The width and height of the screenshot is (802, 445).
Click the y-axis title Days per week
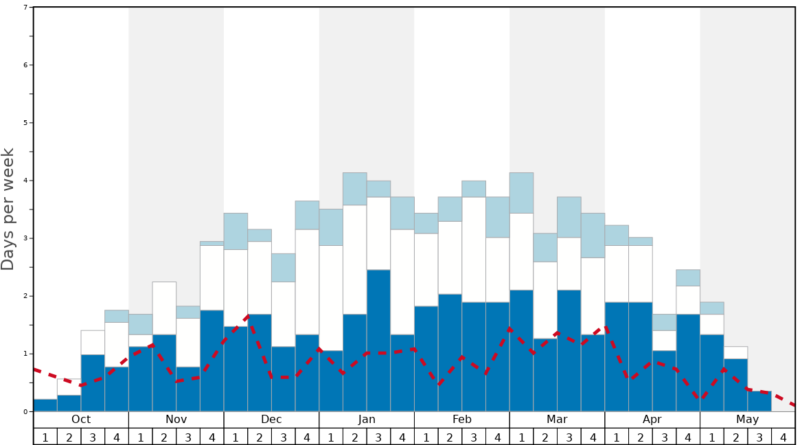pyautogui.click(x=8, y=209)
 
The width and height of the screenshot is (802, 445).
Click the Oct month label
pyautogui.click(x=81, y=420)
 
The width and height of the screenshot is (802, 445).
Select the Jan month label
pyautogui.click(x=367, y=420)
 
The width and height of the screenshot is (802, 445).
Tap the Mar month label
pyautogui.click(x=557, y=420)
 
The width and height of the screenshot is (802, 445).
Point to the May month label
pyautogui.click(x=747, y=420)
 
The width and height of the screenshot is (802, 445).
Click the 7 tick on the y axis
pyautogui.click(x=25, y=8)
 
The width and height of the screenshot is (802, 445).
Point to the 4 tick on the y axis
pyautogui.click(x=25, y=181)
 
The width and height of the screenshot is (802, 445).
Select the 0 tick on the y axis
pyautogui.click(x=25, y=411)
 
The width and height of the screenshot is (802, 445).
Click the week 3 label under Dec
pyautogui.click(x=283, y=437)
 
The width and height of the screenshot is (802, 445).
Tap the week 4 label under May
pyautogui.click(x=783, y=437)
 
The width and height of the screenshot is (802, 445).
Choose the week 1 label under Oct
pyautogui.click(x=45, y=437)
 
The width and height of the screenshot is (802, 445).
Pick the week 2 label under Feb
pyautogui.click(x=450, y=437)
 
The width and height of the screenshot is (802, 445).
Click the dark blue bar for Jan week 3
pyautogui.click(x=378, y=341)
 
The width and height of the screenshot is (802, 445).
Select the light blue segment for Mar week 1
pyautogui.click(x=521, y=193)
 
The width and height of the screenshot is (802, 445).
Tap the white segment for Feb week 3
pyautogui.click(x=474, y=249)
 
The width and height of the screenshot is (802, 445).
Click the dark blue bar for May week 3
pyautogui.click(x=759, y=402)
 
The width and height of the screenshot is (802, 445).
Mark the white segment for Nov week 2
pyautogui.click(x=164, y=308)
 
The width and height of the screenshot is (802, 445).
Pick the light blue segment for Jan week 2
pyautogui.click(x=354, y=189)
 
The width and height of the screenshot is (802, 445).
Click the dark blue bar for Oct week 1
pyautogui.click(x=45, y=405)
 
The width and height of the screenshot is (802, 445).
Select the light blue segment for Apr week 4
pyautogui.click(x=688, y=278)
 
